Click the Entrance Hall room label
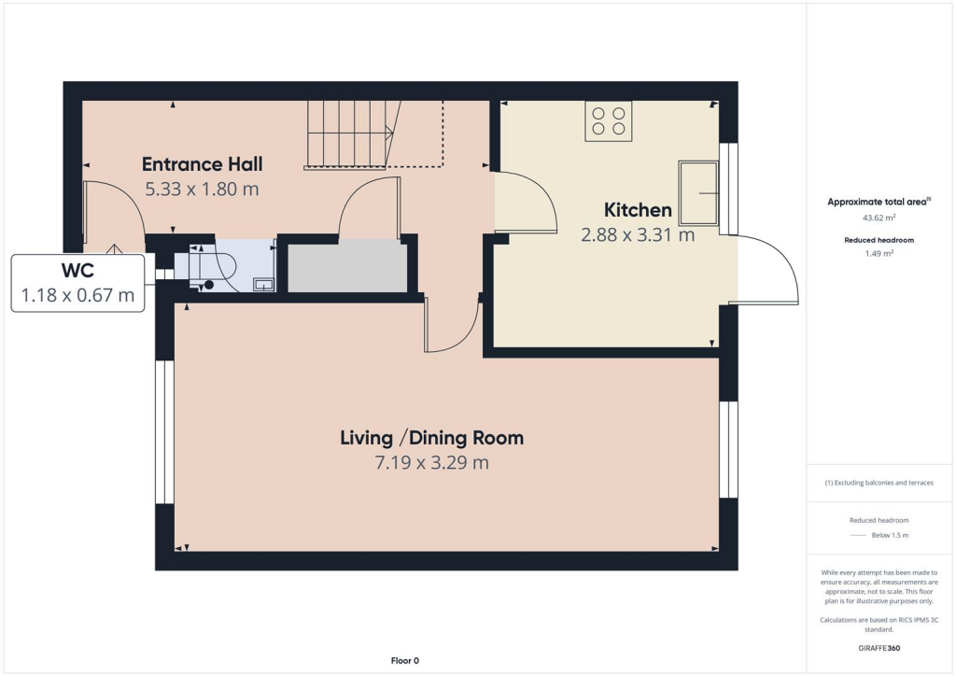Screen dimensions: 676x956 tap(202, 164)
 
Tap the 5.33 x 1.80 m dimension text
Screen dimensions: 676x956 tap(202, 189)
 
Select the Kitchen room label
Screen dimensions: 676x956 tap(638, 210)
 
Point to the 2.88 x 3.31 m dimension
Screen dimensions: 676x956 tap(638, 235)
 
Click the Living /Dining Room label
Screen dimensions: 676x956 tap(431, 437)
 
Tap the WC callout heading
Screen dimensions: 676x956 tap(77, 272)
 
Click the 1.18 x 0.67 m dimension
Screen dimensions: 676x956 tap(77, 297)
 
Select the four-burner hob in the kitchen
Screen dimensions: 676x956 tap(608, 121)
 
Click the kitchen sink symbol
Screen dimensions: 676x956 tap(699, 194)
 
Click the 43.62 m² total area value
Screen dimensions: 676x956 tap(877, 218)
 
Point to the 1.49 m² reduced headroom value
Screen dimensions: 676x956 tap(877, 253)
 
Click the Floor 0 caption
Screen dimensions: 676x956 tap(404, 661)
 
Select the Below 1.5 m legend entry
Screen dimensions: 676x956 tap(888, 535)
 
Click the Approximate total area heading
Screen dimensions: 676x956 tap(875, 202)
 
